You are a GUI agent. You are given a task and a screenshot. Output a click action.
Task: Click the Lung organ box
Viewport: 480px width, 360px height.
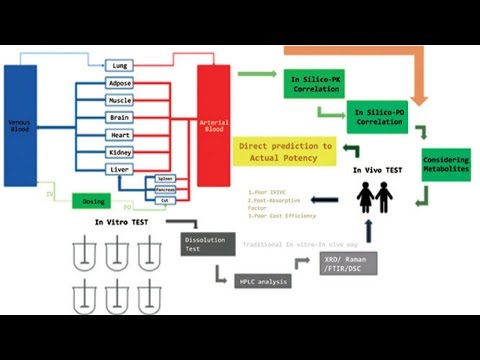[119, 66]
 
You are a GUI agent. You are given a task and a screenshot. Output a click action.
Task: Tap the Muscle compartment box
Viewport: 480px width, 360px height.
[119, 100]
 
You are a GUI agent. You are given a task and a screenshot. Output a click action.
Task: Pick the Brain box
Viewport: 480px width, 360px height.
[119, 117]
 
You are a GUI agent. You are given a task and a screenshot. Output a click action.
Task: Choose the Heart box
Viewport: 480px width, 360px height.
[119, 134]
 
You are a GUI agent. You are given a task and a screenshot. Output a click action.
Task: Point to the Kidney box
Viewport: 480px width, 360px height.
[119, 152]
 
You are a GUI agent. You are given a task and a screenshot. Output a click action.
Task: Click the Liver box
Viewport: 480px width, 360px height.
[119, 169]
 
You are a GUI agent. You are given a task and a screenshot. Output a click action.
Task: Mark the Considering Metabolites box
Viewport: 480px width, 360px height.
[445, 164]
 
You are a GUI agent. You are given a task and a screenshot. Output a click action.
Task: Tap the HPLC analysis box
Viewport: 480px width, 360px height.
[261, 281]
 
